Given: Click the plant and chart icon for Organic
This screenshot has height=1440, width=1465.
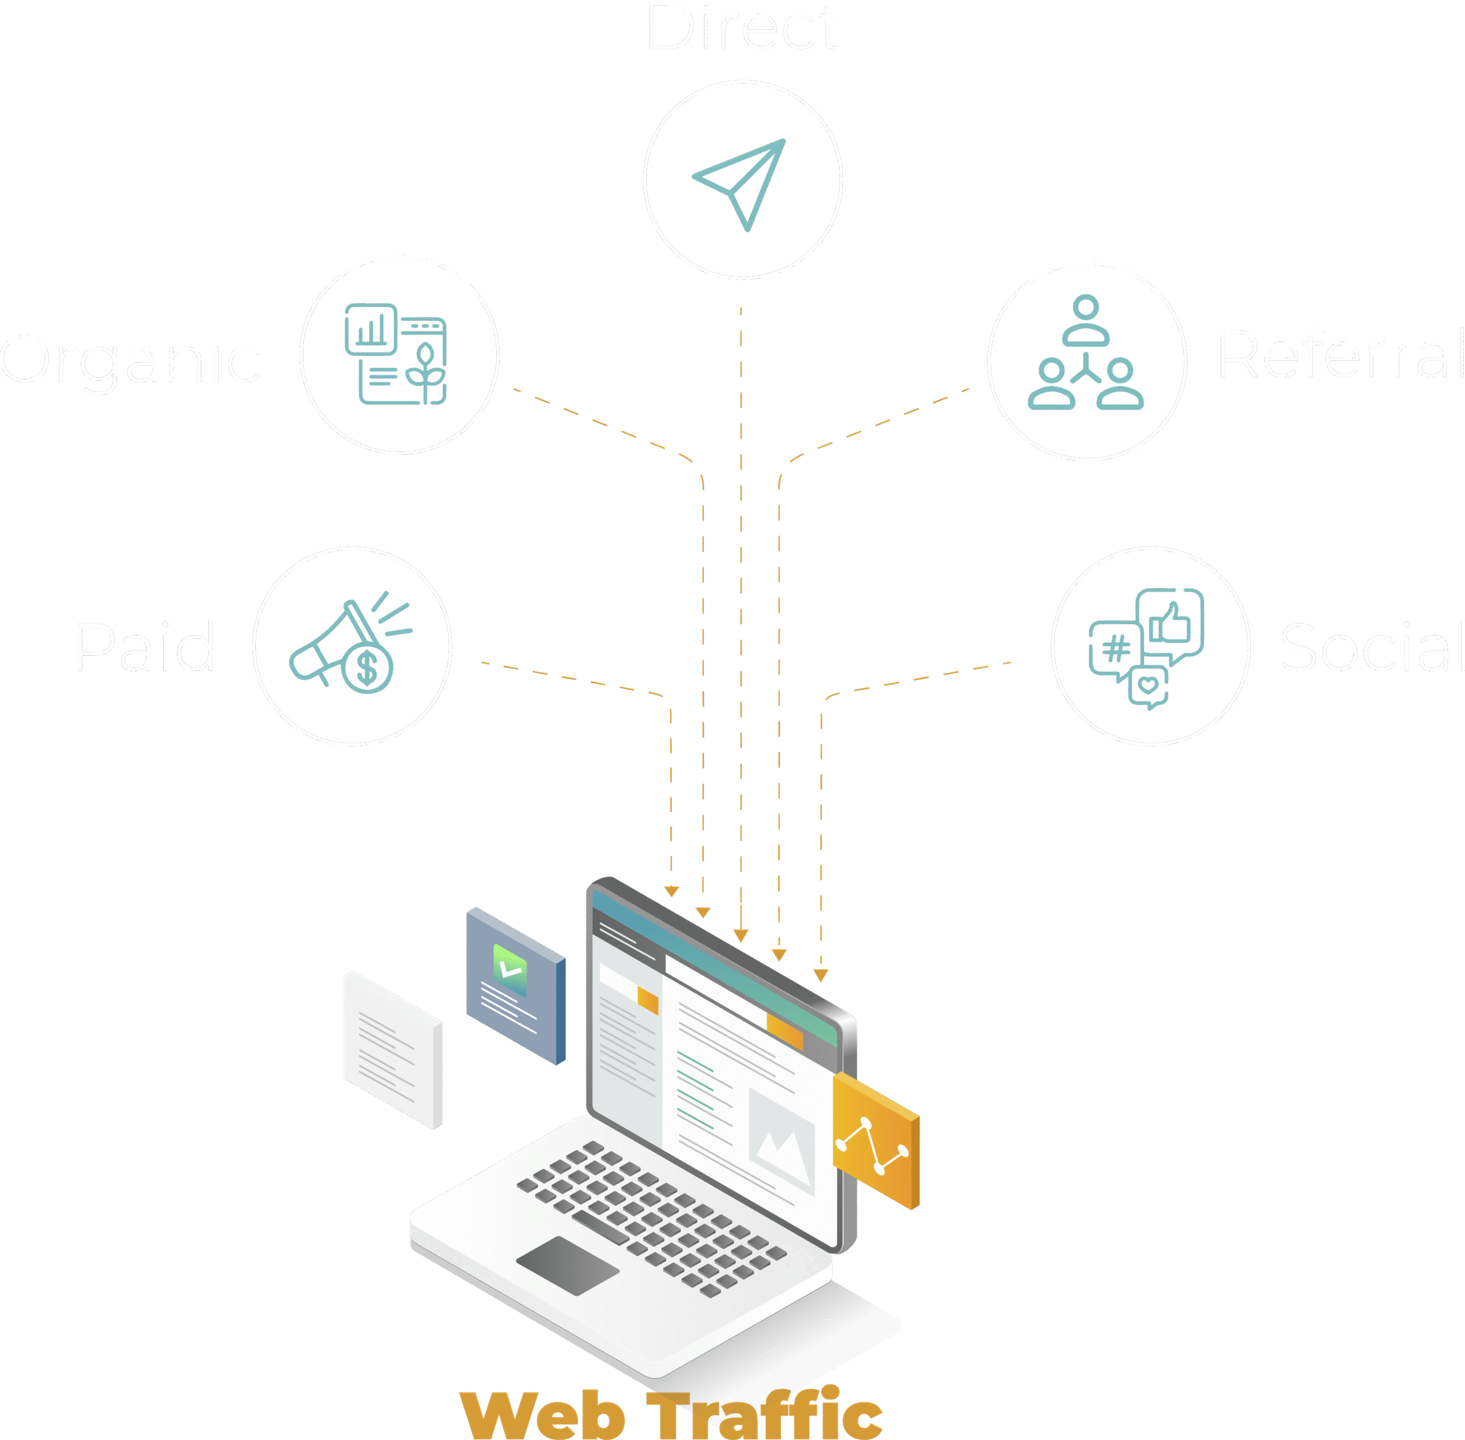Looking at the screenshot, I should [x=395, y=354].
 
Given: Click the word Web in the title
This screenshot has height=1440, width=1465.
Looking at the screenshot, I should [x=543, y=1414].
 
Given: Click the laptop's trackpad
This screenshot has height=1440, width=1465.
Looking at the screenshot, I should [x=567, y=1266].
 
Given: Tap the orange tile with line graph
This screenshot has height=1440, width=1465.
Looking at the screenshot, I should [x=876, y=1141].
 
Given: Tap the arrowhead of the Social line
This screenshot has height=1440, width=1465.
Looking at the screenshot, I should [x=821, y=975].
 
